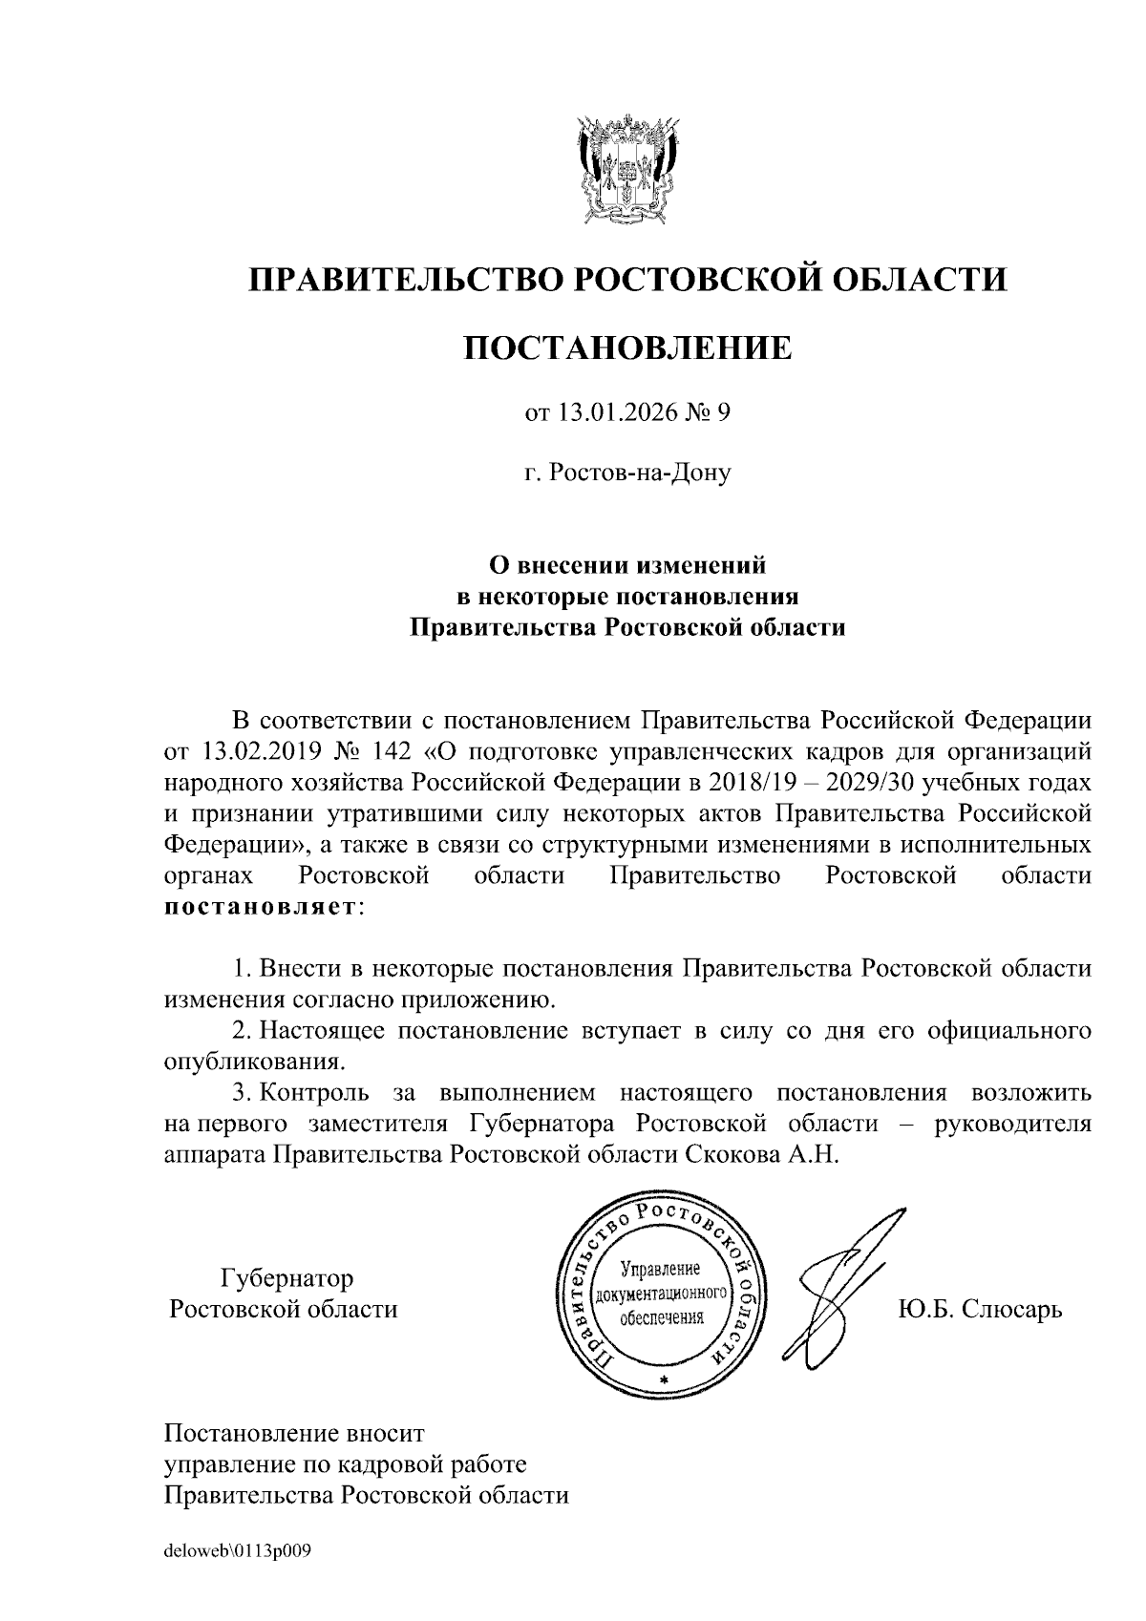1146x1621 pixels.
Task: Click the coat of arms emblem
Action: pos(627,169)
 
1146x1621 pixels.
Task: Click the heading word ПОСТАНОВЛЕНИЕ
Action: pos(627,347)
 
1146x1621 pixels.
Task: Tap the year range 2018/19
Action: pos(746,782)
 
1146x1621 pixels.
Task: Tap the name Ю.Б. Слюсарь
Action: pos(980,1308)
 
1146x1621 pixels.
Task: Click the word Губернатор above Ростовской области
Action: pos(286,1277)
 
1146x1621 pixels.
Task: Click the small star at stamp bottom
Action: pos(663,1381)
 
